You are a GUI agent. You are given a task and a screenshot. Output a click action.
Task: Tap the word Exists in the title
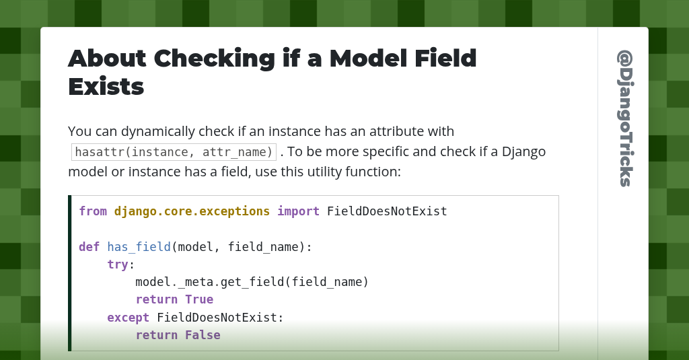coord(106,87)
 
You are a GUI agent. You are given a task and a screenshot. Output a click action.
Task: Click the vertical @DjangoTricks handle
coord(624,118)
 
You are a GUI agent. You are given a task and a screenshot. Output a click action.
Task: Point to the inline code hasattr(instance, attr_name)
coord(174,151)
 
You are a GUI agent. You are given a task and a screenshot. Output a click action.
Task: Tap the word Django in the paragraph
coord(523,151)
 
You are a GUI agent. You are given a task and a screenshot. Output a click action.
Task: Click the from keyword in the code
coord(93,211)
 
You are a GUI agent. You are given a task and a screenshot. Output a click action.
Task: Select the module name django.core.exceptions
coord(192,211)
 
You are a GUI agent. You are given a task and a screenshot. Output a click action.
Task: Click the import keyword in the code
coord(298,211)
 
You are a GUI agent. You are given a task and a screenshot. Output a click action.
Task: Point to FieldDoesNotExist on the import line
coord(387,211)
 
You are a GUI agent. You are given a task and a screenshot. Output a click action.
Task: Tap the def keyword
coord(89,247)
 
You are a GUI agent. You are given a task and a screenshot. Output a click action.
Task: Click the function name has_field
coord(139,247)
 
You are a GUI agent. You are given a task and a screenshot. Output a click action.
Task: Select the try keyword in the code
coord(118,264)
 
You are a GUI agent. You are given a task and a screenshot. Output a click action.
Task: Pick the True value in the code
coord(199,299)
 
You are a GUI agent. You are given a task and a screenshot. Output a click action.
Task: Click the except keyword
coord(128,317)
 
